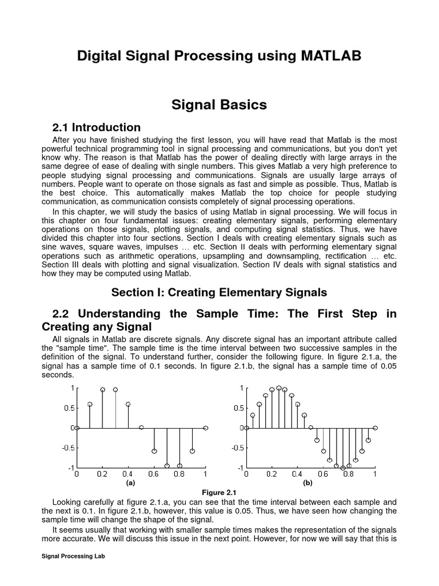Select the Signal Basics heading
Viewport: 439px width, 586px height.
pyautogui.click(x=219, y=105)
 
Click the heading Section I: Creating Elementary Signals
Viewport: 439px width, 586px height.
pyautogui.click(x=219, y=292)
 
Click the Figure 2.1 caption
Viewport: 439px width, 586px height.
pyautogui.click(x=219, y=492)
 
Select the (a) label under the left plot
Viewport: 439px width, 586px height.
pyautogui.click(x=131, y=483)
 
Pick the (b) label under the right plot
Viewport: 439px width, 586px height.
pyautogui.click(x=308, y=483)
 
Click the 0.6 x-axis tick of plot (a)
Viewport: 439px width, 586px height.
pyautogui.click(x=154, y=474)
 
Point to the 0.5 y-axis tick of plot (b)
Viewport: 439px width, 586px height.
pyautogui.click(x=237, y=408)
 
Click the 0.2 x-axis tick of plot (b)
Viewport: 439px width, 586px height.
pyautogui.click(x=272, y=474)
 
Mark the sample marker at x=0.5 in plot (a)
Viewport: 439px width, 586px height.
pyautogui.click(x=141, y=427)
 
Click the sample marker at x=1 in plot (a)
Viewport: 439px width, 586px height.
pyautogui.click(x=205, y=427)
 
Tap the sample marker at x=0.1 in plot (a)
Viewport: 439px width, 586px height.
pyautogui.click(x=90, y=404)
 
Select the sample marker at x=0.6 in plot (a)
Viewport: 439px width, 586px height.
pyautogui.click(x=154, y=451)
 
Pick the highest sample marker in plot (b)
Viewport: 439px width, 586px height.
pyautogui.click(x=278, y=388)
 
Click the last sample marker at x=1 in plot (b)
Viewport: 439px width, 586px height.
pyautogui.click(x=375, y=427)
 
